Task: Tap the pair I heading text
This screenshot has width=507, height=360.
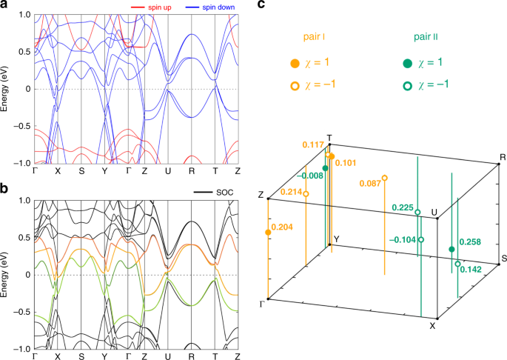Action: (319, 36)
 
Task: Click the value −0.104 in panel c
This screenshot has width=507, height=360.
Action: (401, 241)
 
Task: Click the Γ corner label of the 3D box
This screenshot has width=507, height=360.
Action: (261, 302)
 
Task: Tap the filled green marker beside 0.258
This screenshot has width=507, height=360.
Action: (452, 250)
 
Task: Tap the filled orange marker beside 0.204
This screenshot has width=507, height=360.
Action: (268, 233)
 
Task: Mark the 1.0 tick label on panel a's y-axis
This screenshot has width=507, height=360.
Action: (22, 15)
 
